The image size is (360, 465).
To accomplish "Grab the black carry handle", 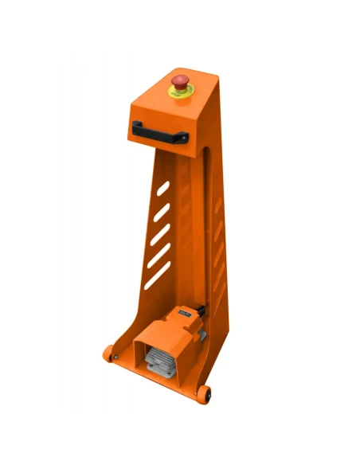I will pyautogui.click(x=159, y=129).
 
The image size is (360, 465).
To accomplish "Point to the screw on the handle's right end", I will pyautogui.click(x=184, y=139).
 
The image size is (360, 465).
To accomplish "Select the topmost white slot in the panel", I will pyautogui.click(x=163, y=190).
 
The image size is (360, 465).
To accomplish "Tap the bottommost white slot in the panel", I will pyautogui.click(x=157, y=275).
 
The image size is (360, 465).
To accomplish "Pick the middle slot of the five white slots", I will pyautogui.click(x=160, y=234).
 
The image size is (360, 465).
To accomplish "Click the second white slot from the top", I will pyautogui.click(x=162, y=212).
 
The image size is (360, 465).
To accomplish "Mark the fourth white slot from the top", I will pyautogui.click(x=158, y=256).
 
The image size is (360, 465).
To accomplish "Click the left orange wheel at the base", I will pyautogui.click(x=108, y=350).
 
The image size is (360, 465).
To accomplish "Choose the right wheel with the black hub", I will pyautogui.click(x=206, y=393).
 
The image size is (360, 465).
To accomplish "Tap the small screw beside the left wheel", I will pyautogui.click(x=117, y=355).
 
